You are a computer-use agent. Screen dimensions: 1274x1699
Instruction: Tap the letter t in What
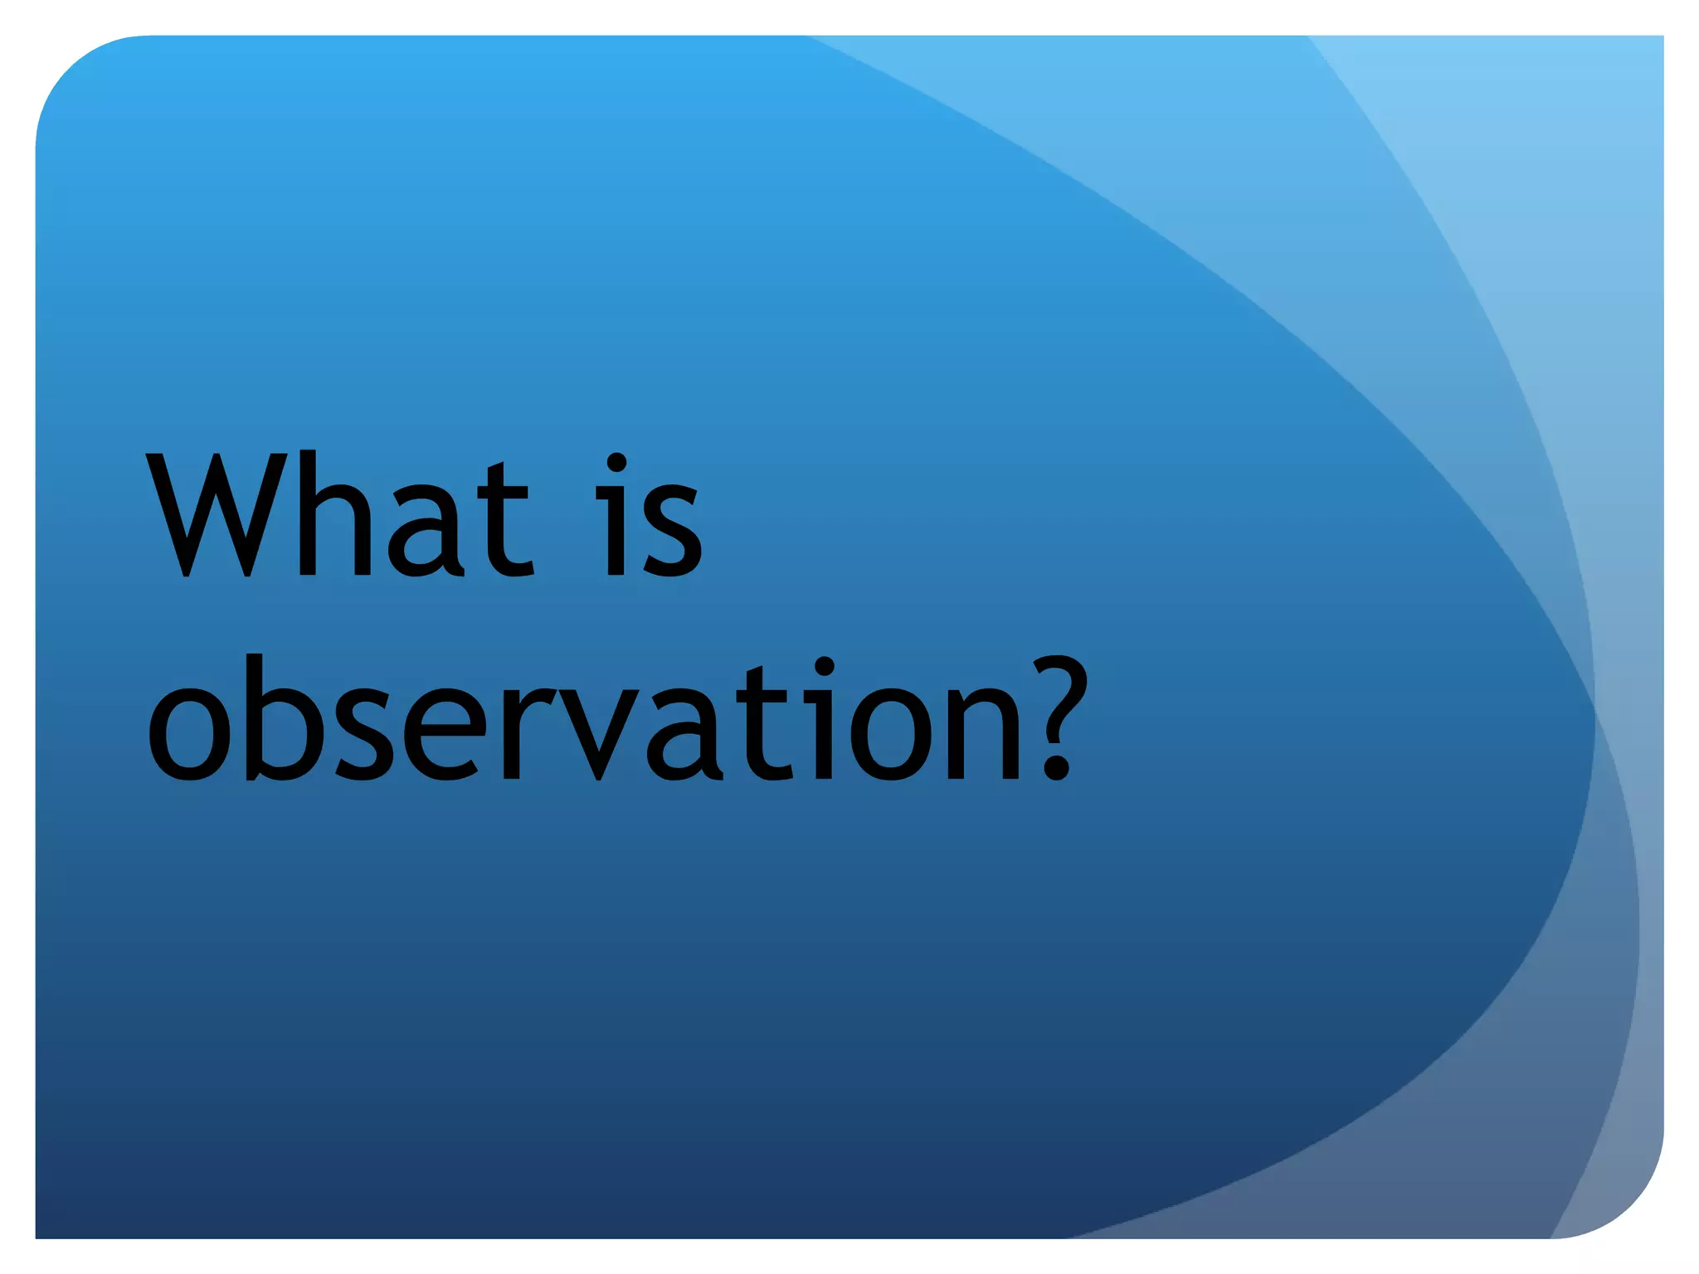503,521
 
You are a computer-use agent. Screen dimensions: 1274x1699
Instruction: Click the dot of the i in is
616,464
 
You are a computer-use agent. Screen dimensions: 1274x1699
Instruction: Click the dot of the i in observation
824,667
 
